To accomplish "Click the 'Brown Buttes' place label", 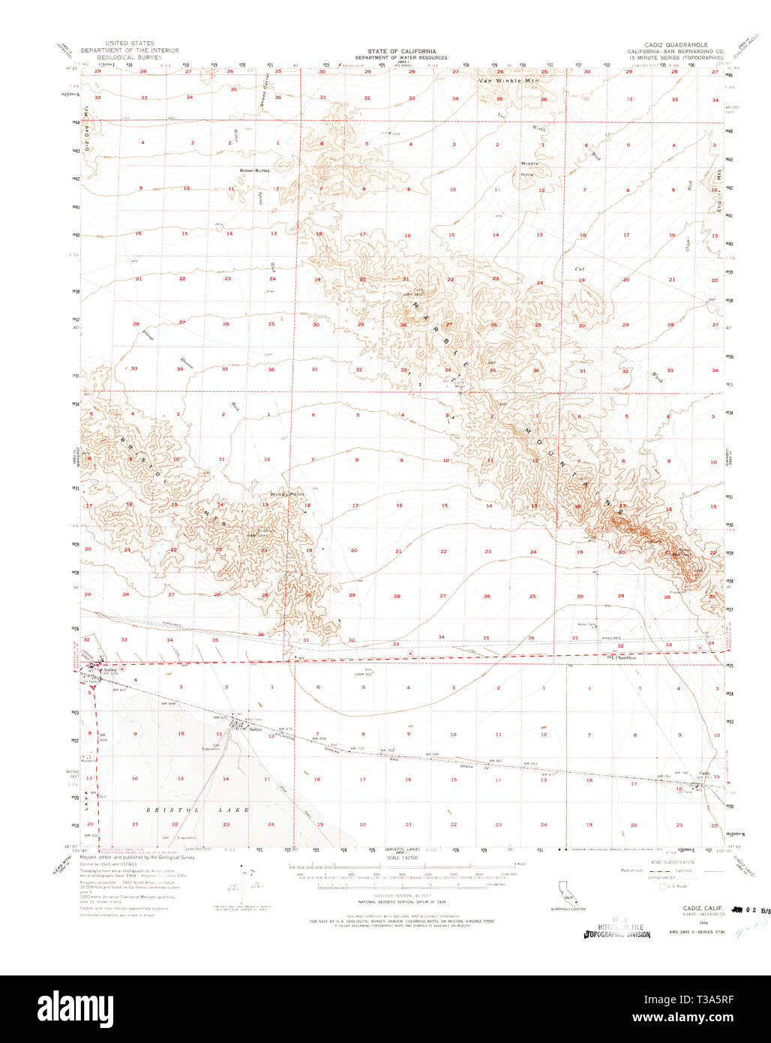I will coord(255,170).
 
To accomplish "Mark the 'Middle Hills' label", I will coord(530,169).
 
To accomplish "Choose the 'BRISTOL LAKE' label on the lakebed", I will coord(197,810).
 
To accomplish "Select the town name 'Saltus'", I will coord(253,729).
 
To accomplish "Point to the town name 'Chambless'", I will coord(625,658).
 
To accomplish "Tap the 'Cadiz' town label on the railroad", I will coord(704,774).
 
